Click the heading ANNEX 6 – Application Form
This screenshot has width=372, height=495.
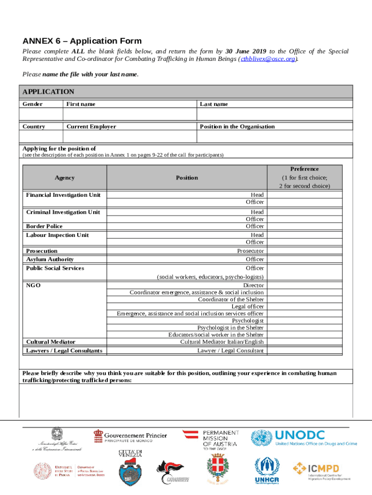click(82, 41)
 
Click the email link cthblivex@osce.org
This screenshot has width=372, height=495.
click(269, 59)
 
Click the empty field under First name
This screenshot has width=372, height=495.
click(129, 114)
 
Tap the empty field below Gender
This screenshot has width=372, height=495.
click(41, 114)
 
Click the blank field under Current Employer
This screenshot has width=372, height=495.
click(129, 137)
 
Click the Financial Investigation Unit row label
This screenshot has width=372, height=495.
click(63, 195)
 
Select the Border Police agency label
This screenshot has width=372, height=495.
click(44, 226)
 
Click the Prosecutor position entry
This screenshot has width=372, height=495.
click(250, 251)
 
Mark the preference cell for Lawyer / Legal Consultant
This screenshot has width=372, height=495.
click(304, 350)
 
